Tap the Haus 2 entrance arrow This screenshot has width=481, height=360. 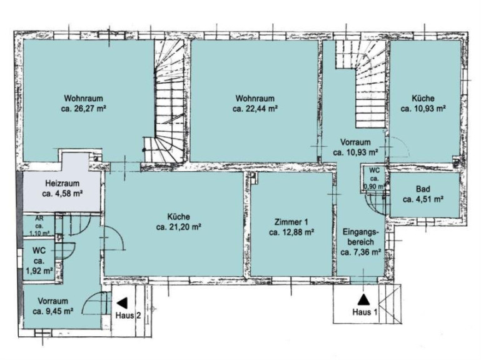123,303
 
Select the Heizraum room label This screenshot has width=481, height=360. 63,184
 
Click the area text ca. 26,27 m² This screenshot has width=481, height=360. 83,109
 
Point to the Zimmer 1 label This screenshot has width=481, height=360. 291,222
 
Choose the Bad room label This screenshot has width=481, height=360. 423,189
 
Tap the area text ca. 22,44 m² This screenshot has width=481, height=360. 255,109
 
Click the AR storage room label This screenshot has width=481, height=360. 39,219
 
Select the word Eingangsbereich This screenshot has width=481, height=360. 361,237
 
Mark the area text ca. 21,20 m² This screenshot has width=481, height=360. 178,227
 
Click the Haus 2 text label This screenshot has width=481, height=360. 128,315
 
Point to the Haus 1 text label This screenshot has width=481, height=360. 365,312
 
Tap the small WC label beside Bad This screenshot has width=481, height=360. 374,171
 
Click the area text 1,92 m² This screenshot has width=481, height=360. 39,271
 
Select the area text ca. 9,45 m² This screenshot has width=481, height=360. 53,311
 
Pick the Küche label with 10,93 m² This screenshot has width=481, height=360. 423,98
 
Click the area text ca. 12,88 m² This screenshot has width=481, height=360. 291,232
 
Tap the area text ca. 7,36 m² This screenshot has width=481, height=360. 361,252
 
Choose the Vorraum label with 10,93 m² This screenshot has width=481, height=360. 355,142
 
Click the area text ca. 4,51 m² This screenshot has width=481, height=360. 423,199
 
